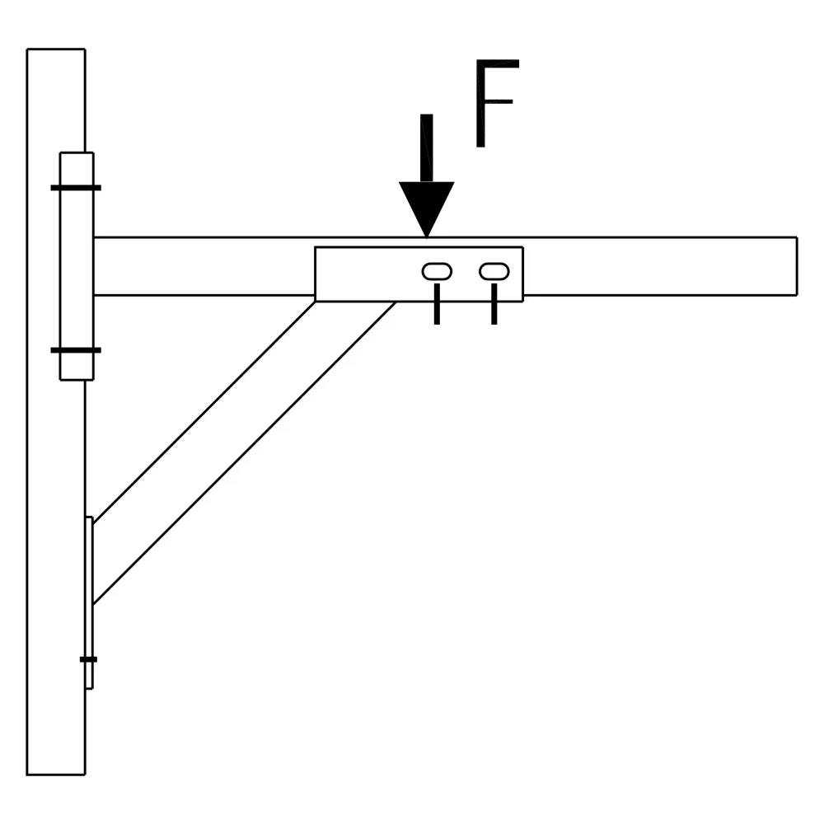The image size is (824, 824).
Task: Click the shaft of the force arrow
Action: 427,148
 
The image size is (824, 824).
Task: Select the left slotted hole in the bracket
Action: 437,271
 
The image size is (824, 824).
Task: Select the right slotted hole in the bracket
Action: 494,271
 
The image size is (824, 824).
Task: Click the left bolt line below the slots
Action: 437,304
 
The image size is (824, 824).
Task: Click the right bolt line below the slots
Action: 494,304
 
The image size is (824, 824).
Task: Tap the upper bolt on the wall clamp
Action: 76,188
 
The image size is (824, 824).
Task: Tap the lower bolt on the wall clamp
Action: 76,350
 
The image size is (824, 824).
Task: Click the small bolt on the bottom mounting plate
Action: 88,659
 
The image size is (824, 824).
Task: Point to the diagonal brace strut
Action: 245,452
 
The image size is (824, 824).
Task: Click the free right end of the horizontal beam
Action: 797,266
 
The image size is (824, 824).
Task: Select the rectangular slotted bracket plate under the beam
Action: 419,274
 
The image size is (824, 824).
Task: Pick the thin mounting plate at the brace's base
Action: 89,603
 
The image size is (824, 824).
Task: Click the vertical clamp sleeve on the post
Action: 77,266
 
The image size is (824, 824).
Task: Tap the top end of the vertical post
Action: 56,49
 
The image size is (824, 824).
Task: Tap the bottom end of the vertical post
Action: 56,774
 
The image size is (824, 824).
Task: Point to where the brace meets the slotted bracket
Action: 356,301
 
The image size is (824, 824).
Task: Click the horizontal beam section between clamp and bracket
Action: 204,266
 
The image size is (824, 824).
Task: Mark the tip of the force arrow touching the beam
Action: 426,237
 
